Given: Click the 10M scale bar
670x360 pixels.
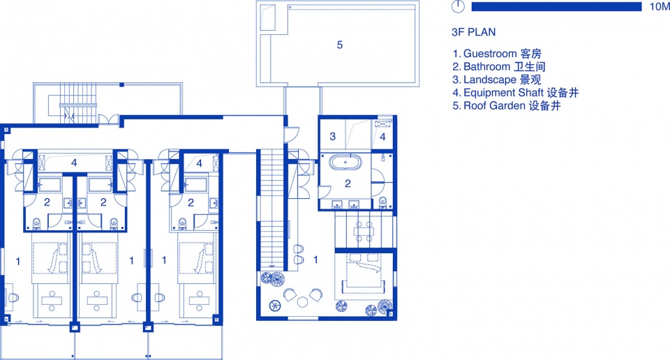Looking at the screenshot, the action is tap(556, 6).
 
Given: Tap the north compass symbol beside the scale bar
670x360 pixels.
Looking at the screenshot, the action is tap(458, 6).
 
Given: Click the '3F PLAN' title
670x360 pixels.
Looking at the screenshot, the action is tap(473, 32).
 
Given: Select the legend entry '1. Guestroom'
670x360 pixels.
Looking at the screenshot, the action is tap(497, 54).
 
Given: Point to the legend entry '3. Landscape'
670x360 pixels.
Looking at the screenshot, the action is tap(496, 80).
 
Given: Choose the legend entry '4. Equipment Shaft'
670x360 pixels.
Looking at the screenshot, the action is tap(515, 93).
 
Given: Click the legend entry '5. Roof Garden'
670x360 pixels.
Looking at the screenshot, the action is tap(507, 105).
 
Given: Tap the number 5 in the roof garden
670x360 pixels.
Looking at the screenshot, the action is tap(340, 45).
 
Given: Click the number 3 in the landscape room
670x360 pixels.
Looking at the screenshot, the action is tap(332, 137).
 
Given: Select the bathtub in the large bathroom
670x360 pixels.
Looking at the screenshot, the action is tap(345, 163).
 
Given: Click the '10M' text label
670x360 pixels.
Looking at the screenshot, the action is tap(660, 6).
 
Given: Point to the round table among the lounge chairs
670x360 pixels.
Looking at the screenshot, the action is tap(302, 302).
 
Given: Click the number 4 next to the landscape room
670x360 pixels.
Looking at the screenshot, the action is tap(382, 137).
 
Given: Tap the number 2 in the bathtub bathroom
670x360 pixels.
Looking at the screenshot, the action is tap(348, 183).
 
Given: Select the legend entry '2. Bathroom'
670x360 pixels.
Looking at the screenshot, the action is tap(498, 66).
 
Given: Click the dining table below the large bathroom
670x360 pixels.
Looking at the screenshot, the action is tap(364, 232).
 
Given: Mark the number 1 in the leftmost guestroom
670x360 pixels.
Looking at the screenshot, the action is tap(18, 262).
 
